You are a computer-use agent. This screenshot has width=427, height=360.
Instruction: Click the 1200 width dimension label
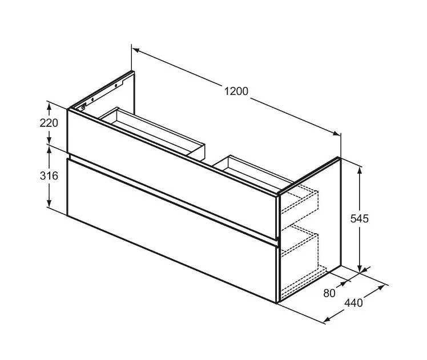point(236,91)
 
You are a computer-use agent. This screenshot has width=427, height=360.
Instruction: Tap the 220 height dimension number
point(49,123)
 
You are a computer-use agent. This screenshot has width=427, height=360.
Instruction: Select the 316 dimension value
point(49,176)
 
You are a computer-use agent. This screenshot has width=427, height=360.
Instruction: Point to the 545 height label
point(360,218)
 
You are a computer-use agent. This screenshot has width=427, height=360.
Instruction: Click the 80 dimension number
point(329,293)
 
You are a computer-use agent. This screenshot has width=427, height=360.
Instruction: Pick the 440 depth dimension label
point(354,303)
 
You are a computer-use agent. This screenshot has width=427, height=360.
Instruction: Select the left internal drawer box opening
point(152,131)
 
